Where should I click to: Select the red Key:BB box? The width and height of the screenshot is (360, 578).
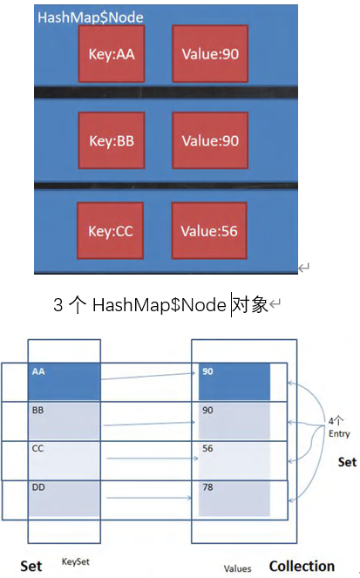pos(112,140)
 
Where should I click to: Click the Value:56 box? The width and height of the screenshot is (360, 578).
pos(209,231)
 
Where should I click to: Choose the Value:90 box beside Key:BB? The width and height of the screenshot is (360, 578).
pos(210,140)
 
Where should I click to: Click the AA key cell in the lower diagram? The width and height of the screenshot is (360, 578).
pos(65,382)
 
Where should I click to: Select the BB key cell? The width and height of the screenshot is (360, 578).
pos(65,419)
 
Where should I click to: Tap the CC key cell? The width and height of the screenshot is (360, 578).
pos(65,458)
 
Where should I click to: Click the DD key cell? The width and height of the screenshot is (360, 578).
pos(65,497)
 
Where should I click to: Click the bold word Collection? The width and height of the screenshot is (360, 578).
pos(302,566)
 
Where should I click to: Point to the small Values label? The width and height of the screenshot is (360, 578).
pos(237,568)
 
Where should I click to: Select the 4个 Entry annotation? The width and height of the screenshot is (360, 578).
pos(336,426)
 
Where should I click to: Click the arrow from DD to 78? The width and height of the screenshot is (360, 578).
pos(146,498)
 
